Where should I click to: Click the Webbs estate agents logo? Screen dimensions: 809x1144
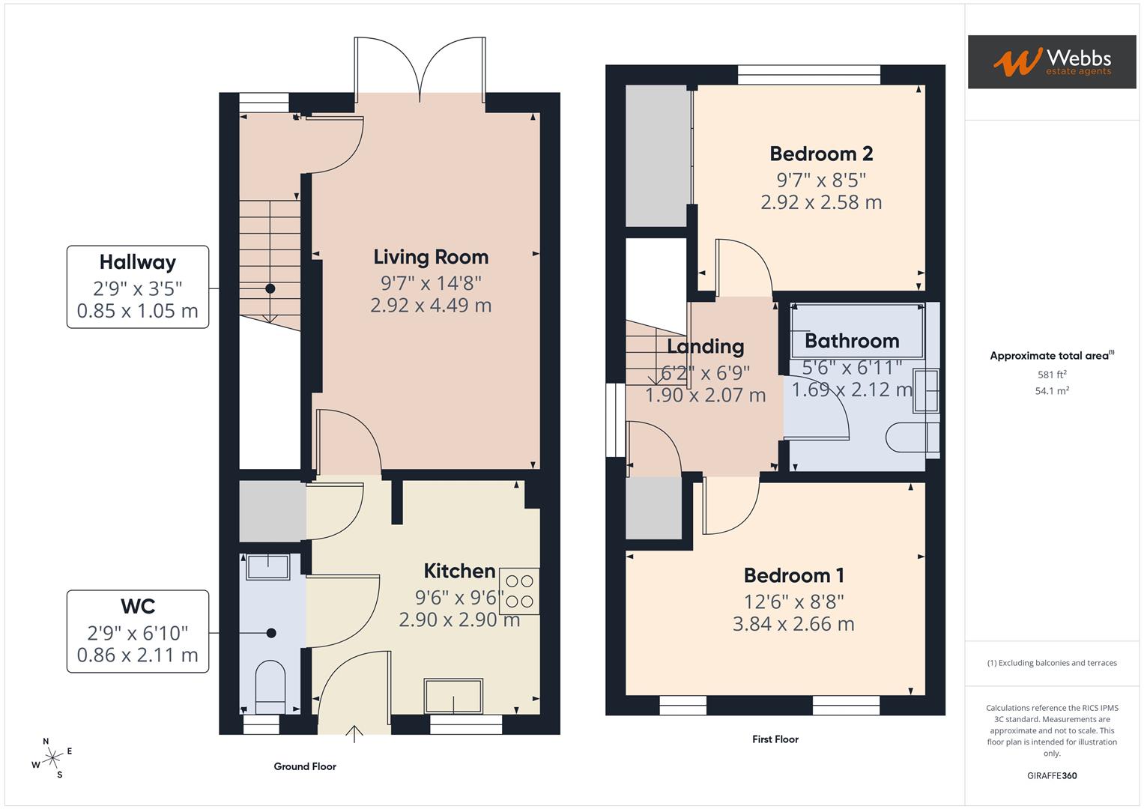[1051, 62]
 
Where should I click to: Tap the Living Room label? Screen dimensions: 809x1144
[431, 257]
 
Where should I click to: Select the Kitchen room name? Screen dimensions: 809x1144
[459, 571]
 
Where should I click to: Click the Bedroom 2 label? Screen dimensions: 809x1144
[821, 154]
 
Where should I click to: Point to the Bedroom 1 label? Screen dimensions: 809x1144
[793, 575]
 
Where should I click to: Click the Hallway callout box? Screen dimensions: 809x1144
[138, 287]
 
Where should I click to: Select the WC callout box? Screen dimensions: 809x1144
[138, 631]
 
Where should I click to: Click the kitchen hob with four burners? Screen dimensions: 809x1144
[519, 591]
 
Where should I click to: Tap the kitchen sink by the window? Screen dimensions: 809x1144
[454, 696]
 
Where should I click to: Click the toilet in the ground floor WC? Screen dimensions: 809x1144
[270, 685]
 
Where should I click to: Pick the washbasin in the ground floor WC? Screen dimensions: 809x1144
[267, 567]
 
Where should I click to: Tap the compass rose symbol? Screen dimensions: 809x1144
[52, 758]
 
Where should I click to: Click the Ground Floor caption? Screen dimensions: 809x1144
[305, 766]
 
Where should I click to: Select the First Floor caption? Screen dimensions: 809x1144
[775, 739]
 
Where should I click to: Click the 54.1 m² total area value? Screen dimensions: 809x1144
[1052, 391]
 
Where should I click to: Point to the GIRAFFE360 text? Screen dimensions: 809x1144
[1052, 776]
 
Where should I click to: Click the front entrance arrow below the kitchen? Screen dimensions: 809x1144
[355, 733]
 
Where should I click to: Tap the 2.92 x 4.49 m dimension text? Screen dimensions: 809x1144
[431, 306]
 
